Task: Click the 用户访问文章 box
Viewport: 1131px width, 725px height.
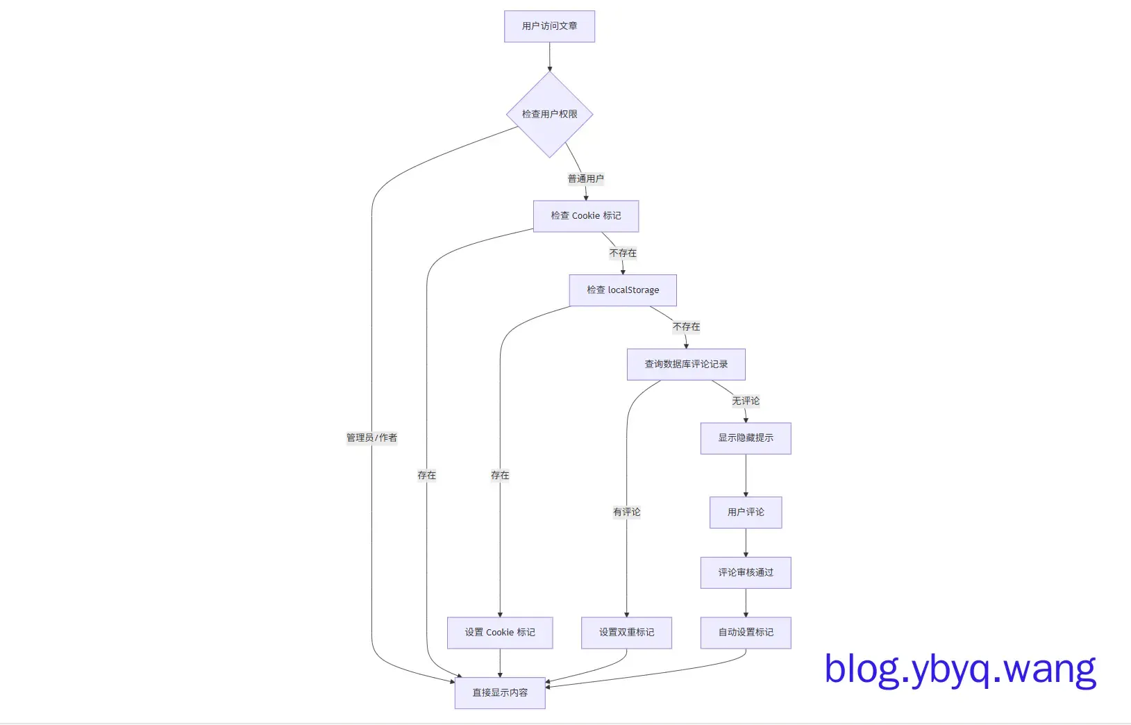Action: pyautogui.click(x=549, y=26)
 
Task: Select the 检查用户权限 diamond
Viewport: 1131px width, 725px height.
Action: pyautogui.click(x=549, y=115)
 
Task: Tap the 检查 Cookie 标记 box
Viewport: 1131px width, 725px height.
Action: pyautogui.click(x=585, y=216)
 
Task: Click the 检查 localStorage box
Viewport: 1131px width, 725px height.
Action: pyautogui.click(x=622, y=290)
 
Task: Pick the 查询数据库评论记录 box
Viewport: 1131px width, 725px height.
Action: pyautogui.click(x=685, y=364)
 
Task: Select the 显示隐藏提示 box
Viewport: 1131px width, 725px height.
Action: pyautogui.click(x=745, y=438)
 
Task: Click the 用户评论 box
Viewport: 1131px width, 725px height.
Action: pyautogui.click(x=745, y=512)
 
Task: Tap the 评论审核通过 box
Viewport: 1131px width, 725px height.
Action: pyautogui.click(x=745, y=573)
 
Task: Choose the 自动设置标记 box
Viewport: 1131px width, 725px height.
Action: pyautogui.click(x=745, y=633)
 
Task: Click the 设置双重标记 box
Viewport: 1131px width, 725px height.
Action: pyautogui.click(x=626, y=633)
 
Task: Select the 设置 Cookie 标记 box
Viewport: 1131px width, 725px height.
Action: pyautogui.click(x=499, y=633)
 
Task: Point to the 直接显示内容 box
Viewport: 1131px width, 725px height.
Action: pyautogui.click(x=499, y=693)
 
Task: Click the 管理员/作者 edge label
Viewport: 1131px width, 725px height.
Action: pyautogui.click(x=371, y=437)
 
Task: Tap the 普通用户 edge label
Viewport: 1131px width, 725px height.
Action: pyautogui.click(x=585, y=178)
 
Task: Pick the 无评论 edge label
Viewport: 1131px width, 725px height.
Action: pyautogui.click(x=745, y=401)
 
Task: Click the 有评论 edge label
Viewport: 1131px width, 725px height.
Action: pyautogui.click(x=626, y=512)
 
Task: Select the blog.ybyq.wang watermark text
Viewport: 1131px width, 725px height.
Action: pyautogui.click(x=960, y=669)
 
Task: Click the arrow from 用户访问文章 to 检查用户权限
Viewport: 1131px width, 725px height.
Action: pyautogui.click(x=549, y=57)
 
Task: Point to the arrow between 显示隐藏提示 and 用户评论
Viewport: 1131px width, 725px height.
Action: pyautogui.click(x=746, y=476)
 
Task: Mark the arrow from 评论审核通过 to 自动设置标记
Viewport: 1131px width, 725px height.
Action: pyautogui.click(x=746, y=603)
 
